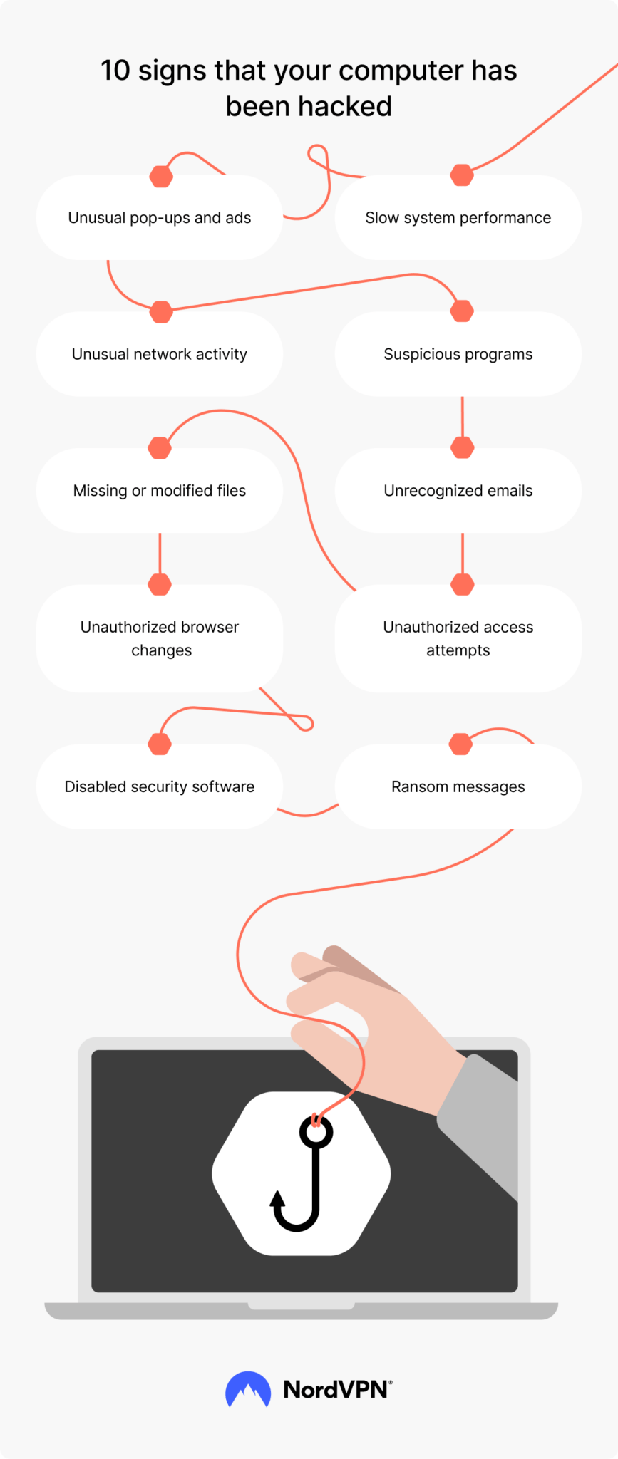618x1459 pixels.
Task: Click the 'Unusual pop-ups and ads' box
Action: [160, 218]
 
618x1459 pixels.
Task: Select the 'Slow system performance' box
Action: [458, 218]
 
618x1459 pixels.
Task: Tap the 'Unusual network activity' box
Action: [160, 354]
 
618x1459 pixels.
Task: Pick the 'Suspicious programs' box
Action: [458, 354]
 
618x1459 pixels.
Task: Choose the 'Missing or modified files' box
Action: [160, 491]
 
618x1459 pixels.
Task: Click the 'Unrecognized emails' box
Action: [458, 491]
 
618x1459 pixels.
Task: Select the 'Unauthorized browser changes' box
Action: [160, 638]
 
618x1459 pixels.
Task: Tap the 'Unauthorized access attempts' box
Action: [458, 638]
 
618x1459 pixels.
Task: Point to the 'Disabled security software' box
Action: [160, 786]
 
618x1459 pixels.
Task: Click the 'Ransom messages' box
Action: [458, 786]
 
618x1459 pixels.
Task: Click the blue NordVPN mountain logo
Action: [248, 1389]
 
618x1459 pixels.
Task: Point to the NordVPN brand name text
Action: [336, 1389]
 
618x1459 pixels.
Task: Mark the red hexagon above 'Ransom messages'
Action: [461, 744]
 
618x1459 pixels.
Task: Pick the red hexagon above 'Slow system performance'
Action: [463, 175]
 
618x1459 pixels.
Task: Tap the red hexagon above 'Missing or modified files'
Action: [160, 448]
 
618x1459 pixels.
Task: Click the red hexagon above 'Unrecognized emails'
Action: [463, 448]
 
